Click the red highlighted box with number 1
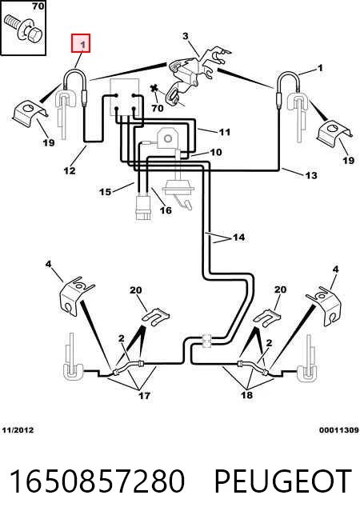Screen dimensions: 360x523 [x=81, y=43]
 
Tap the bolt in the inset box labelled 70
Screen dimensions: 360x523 [x=24, y=30]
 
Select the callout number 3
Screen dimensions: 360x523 [x=186, y=36]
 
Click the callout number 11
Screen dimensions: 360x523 [x=225, y=132]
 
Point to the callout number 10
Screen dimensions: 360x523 [x=216, y=152]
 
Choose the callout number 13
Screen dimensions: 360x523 [x=311, y=175]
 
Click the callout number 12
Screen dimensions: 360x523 [x=70, y=170]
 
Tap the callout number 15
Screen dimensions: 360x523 [x=105, y=192]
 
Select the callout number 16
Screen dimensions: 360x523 [x=166, y=210]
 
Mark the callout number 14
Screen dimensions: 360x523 [x=239, y=238]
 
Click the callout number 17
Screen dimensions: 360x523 [x=144, y=396]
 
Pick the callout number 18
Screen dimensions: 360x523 [x=246, y=395]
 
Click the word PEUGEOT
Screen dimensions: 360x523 [x=283, y=481]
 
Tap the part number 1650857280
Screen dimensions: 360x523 [x=97, y=481]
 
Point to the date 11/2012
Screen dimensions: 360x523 [x=18, y=430]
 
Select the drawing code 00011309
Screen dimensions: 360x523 [x=338, y=430]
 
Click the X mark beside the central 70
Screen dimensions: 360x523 [x=154, y=89]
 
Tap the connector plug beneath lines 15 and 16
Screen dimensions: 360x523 [x=143, y=208]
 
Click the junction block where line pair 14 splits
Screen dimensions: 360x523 [x=207, y=340]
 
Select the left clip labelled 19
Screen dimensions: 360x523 [x=30, y=112]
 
